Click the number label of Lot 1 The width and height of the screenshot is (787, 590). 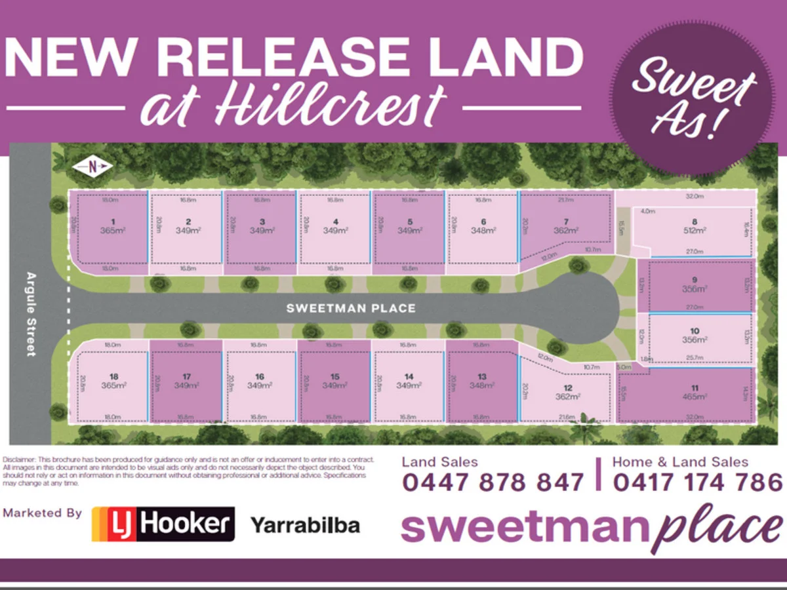pyautogui.click(x=113, y=222)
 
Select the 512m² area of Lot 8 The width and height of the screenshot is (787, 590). pyautogui.click(x=695, y=231)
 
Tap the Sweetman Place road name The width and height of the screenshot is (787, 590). pyautogui.click(x=351, y=308)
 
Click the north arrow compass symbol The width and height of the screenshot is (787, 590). pyautogui.click(x=93, y=168)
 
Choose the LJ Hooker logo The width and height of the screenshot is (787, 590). pyautogui.click(x=163, y=524)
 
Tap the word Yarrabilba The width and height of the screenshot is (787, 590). pyautogui.click(x=305, y=524)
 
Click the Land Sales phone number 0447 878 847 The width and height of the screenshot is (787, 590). pyautogui.click(x=493, y=482)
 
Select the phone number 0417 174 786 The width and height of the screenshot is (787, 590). pyautogui.click(x=698, y=482)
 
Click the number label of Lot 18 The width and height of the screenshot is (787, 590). pyautogui.click(x=114, y=376)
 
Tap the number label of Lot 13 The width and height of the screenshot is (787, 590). pyautogui.click(x=482, y=376)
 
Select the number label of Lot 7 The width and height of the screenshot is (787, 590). pyautogui.click(x=565, y=222)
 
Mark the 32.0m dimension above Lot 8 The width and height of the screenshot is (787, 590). pyautogui.click(x=694, y=196)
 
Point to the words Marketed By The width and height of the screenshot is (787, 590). pyautogui.click(x=42, y=513)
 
